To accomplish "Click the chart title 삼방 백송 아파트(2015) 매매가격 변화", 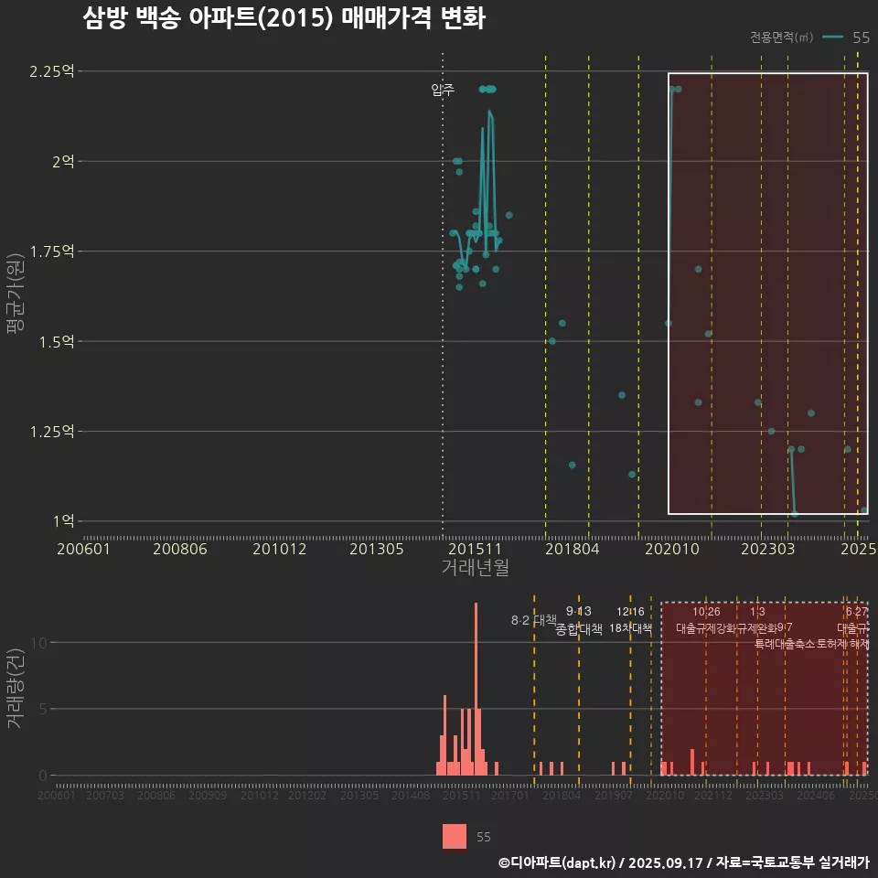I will (x=284, y=18).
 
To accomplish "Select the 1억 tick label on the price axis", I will (x=63, y=521).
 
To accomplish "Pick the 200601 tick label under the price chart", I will (x=84, y=549).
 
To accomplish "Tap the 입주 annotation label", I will (x=443, y=90).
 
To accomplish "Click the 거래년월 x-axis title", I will (x=475, y=568).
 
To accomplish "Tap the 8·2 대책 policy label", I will (x=533, y=620).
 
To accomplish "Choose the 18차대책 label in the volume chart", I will (x=630, y=628).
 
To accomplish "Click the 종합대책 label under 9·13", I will (x=579, y=629).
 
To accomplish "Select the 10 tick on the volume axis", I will (x=37, y=642).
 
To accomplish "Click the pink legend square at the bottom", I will (x=455, y=836).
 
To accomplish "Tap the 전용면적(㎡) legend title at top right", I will (x=781, y=37).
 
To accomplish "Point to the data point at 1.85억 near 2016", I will (x=509, y=215).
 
